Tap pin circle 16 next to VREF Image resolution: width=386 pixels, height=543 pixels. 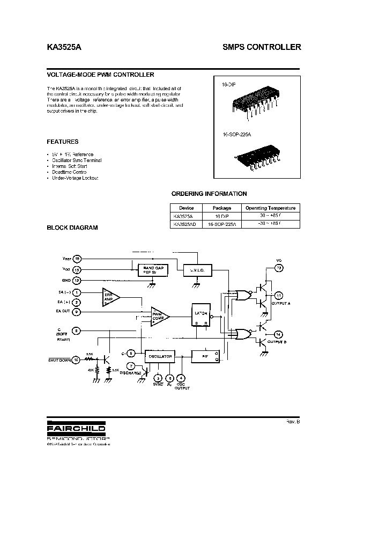pyautogui.click(x=77, y=259)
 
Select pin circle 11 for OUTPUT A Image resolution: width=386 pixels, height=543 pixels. pyautogui.click(x=278, y=296)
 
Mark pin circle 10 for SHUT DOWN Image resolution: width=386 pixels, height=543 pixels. pyautogui.click(x=77, y=359)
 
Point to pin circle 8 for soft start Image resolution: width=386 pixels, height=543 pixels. pyautogui.click(x=77, y=331)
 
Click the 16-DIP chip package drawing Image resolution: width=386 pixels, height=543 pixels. pyautogui.click(x=257, y=99)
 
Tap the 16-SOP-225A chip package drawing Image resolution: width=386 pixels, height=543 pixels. pyautogui.click(x=258, y=158)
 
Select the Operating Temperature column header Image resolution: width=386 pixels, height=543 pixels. pyautogui.click(x=270, y=208)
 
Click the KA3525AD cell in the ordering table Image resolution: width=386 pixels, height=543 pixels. pyautogui.click(x=182, y=225)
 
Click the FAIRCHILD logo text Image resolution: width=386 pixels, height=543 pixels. pyautogui.click(x=76, y=429)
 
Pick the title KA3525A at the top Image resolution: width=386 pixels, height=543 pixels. pyautogui.click(x=65, y=47)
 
